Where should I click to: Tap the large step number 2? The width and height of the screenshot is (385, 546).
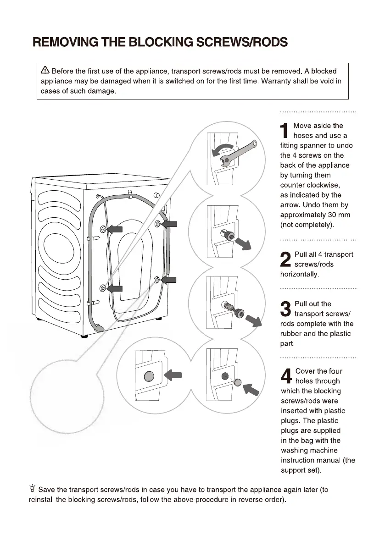285,259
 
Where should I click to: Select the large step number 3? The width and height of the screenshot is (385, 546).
285,308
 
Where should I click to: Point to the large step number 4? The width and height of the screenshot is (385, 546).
286,376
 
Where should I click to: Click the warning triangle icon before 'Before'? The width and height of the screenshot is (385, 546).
45,71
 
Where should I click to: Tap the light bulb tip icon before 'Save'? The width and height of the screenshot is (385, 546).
33,490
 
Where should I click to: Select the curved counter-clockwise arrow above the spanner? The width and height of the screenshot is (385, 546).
223,149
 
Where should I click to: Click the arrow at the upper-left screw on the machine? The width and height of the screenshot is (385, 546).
115,230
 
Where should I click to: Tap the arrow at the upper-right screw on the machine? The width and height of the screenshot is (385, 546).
169,224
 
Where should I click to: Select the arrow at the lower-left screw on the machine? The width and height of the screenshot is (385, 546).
115,288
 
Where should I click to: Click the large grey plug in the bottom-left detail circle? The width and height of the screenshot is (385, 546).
149,376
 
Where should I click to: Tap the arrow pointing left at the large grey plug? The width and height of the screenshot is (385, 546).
173,375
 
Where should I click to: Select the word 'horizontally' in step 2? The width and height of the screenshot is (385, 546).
299,274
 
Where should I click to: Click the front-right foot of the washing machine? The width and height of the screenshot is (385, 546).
85,335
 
